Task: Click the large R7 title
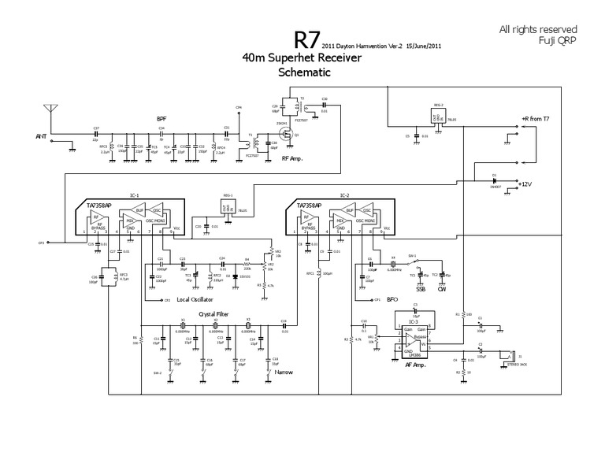click(x=306, y=40)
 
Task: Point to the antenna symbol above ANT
click(x=51, y=109)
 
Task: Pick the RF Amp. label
click(x=293, y=158)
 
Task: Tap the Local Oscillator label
click(x=194, y=300)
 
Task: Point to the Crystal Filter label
click(x=213, y=313)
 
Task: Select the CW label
click(x=442, y=288)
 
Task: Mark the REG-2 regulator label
click(x=439, y=104)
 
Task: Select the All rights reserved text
click(x=539, y=29)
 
